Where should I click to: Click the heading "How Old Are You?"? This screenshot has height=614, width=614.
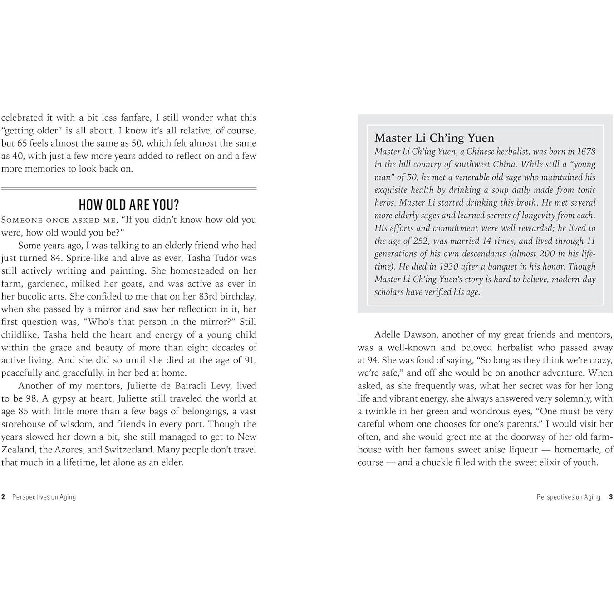tap(129, 205)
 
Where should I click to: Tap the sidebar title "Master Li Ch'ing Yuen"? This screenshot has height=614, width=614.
tap(434, 138)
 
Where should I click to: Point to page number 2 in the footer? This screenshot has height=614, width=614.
tap(3, 497)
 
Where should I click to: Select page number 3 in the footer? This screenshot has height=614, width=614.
tap(611, 497)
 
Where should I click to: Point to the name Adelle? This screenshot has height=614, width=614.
tap(388, 335)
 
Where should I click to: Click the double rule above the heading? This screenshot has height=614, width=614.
tap(129, 188)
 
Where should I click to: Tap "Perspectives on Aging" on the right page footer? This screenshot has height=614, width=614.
tap(568, 497)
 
